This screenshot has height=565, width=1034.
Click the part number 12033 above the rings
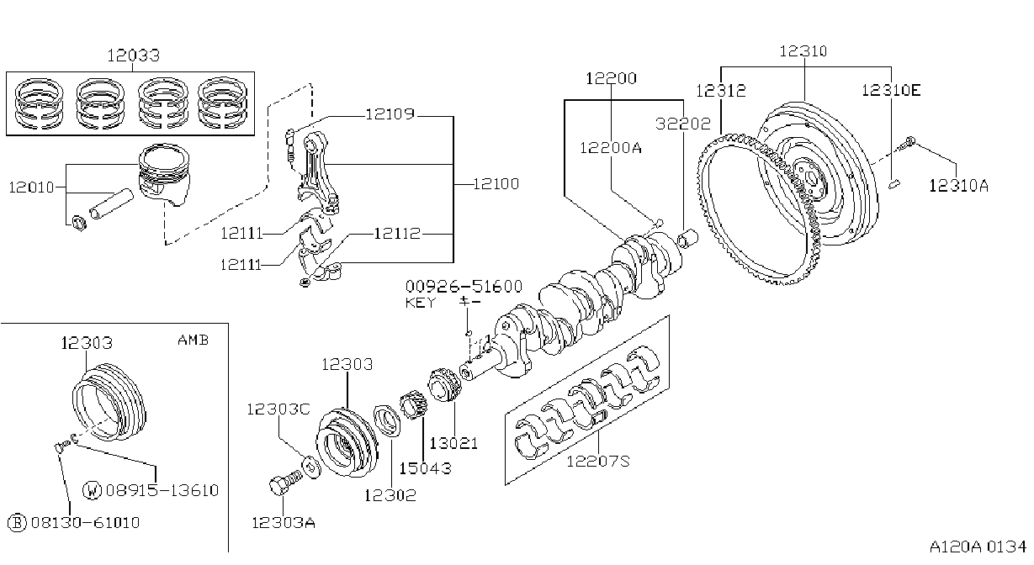click(x=134, y=55)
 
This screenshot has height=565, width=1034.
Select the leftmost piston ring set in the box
click(x=39, y=103)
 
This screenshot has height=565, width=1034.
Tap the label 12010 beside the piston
click(x=31, y=187)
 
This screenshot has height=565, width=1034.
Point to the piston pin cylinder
click(x=111, y=203)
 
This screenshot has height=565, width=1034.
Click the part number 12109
click(x=390, y=114)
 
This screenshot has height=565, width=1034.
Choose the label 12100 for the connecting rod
click(x=496, y=184)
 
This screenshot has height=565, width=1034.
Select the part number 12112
click(x=397, y=234)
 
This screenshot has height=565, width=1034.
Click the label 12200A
click(x=611, y=148)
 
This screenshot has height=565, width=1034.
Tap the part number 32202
click(x=683, y=124)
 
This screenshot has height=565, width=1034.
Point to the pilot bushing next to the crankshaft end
click(x=688, y=238)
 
